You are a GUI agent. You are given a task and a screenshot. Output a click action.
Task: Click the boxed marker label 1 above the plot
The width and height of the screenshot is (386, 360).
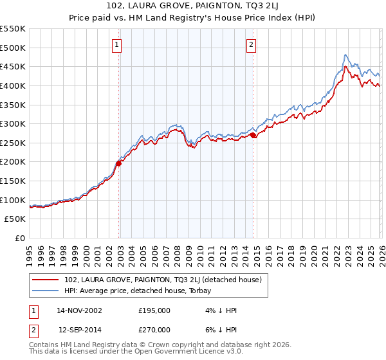click(116, 44)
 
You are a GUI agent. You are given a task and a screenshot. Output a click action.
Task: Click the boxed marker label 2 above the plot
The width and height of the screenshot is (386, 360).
click(250, 44)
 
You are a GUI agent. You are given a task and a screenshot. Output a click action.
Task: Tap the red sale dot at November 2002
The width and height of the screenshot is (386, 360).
click(119, 163)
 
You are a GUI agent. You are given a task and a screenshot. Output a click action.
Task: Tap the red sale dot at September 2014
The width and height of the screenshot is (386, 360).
click(253, 135)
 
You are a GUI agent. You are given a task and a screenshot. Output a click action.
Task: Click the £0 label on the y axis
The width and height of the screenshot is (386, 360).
click(19, 238)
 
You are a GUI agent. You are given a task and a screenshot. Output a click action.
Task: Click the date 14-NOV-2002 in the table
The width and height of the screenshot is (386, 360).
click(79, 310)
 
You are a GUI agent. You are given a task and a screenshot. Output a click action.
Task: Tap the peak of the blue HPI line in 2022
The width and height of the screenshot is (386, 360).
click(345, 55)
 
